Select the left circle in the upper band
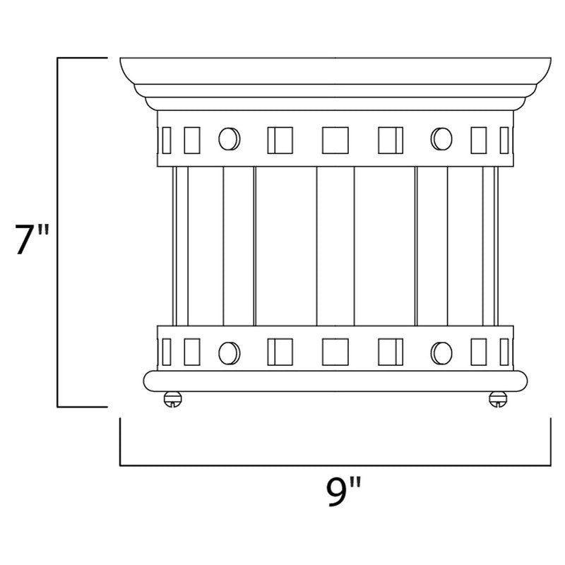(x=227, y=138)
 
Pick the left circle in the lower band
(x=227, y=350)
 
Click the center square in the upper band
(x=334, y=139)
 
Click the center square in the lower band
(x=334, y=350)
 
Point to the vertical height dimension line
(x=57, y=233)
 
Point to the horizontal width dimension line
(x=335, y=465)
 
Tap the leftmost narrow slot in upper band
(x=166, y=139)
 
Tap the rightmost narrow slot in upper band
(x=504, y=139)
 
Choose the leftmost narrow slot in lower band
(x=166, y=350)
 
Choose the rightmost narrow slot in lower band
(x=504, y=350)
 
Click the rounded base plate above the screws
(x=335, y=381)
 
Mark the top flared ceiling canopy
(x=335, y=71)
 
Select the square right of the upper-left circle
(x=279, y=139)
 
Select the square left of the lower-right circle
(x=391, y=350)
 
